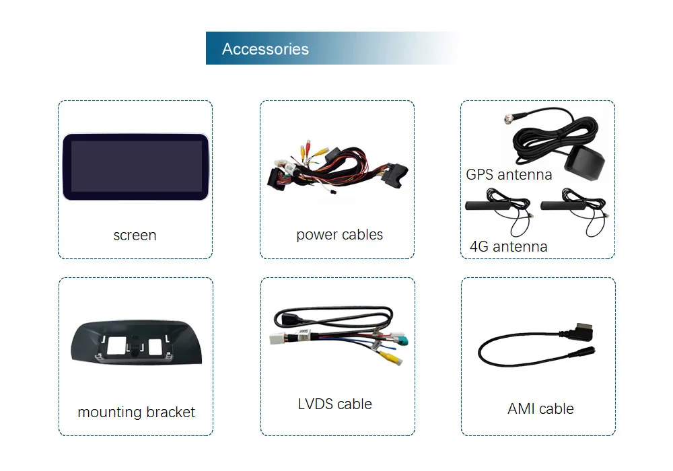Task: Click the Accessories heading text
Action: [265, 49]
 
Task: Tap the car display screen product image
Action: [135, 167]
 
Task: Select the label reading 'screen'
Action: [135, 235]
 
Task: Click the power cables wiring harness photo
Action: [336, 172]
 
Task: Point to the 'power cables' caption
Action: [339, 235]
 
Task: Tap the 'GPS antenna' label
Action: [509, 175]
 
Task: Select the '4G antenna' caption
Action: [508, 247]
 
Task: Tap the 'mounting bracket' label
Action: [136, 412]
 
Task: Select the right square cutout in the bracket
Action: [155, 346]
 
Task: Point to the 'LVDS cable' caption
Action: [334, 404]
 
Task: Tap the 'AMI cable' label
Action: [540, 408]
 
